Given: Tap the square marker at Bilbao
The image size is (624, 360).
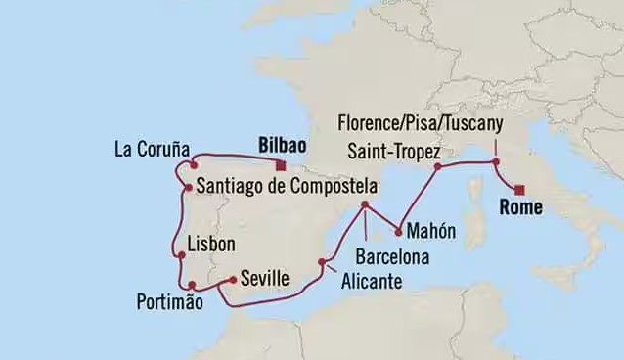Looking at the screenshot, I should click(x=281, y=164).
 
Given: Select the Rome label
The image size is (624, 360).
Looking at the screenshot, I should click(x=520, y=207).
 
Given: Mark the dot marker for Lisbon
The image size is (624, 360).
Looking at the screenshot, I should click(x=181, y=257).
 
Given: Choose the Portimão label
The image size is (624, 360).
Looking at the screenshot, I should click(x=170, y=302).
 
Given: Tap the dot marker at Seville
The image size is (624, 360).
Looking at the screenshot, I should click(x=232, y=281).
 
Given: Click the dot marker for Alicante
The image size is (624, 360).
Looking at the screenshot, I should click(x=323, y=261).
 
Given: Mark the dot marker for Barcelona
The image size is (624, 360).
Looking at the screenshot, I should click(x=364, y=205).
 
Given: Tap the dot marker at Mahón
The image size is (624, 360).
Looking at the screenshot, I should click(x=399, y=232).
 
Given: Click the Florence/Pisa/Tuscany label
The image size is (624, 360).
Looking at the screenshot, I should click(x=420, y=123).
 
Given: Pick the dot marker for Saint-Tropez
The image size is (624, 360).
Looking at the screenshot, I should click(x=438, y=166).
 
